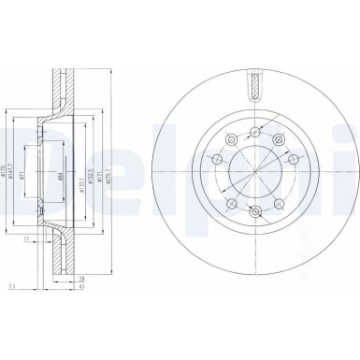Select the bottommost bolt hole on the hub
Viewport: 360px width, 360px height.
click(x=254, y=213)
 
